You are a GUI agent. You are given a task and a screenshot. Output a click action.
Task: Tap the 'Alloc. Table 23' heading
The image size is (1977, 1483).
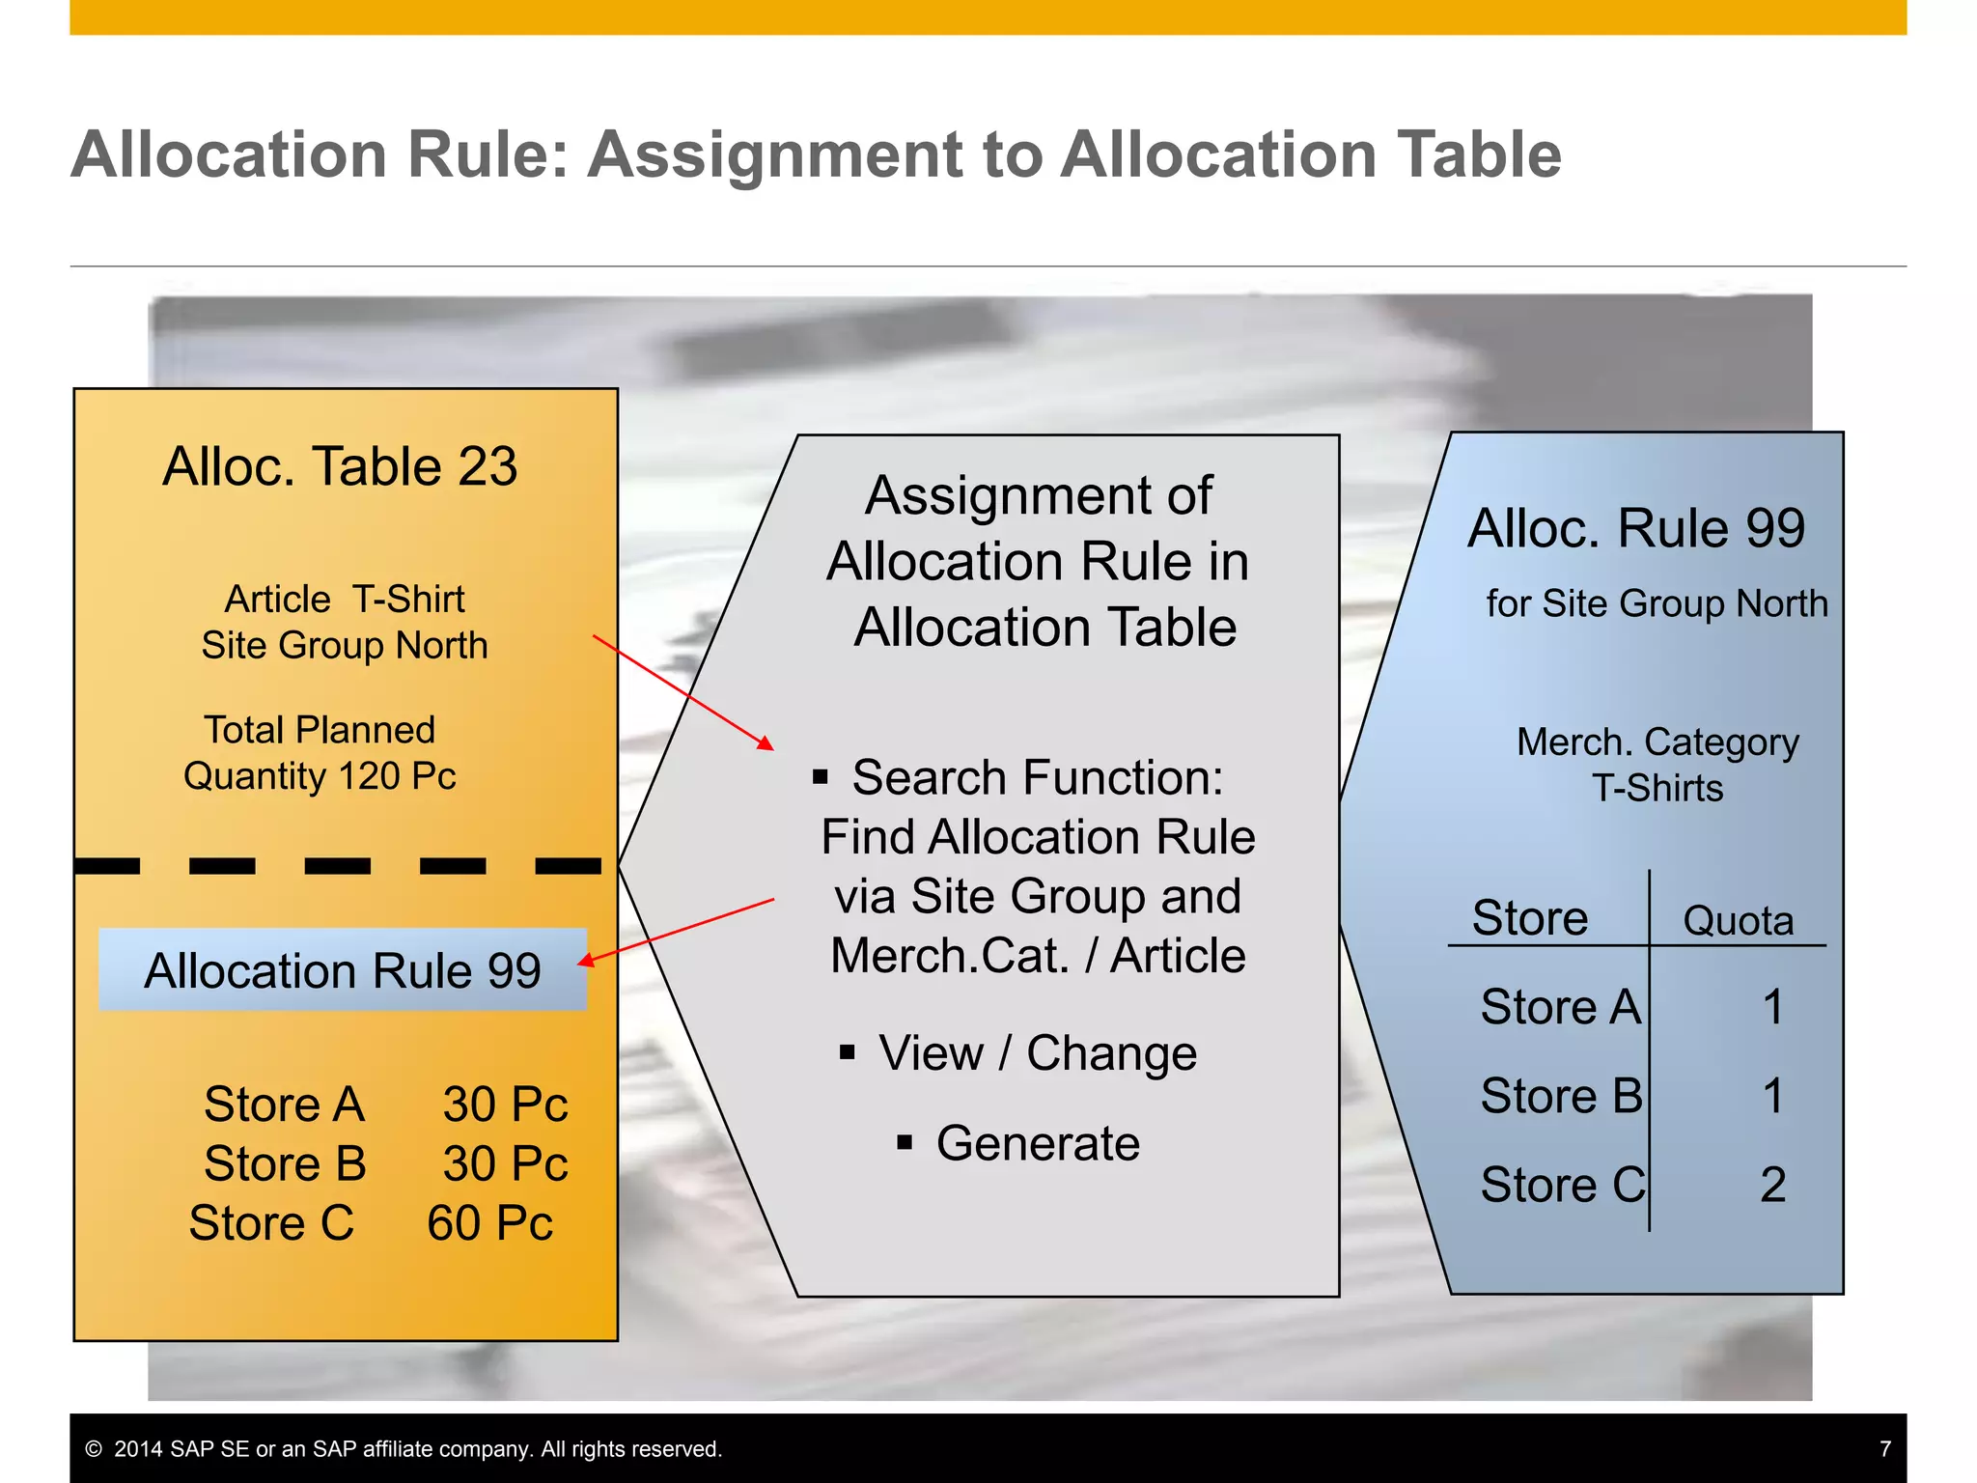(x=340, y=467)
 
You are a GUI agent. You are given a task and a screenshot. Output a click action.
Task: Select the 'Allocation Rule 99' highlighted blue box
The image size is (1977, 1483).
(x=343, y=970)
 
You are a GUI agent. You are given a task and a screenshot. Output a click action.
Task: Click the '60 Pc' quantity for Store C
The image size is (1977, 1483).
(x=489, y=1223)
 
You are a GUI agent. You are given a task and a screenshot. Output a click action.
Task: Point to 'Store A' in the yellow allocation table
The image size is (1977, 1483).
(x=285, y=1104)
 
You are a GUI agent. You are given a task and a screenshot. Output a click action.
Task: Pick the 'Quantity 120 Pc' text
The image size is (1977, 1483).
(x=320, y=776)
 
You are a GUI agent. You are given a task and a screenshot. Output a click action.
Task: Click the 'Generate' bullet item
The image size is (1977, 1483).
(x=1038, y=1143)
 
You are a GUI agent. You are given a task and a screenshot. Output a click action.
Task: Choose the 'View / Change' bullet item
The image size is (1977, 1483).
(x=1038, y=1052)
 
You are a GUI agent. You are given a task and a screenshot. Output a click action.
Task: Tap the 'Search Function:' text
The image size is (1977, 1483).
(x=1038, y=777)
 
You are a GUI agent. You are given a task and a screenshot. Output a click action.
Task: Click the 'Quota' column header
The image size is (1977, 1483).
(x=1738, y=921)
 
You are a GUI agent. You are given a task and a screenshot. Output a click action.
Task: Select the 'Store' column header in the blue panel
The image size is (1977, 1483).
(x=1530, y=918)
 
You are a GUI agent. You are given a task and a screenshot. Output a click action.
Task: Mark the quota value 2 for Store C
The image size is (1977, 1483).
(x=1772, y=1185)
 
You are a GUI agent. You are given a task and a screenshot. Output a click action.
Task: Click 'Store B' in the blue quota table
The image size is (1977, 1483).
(x=1561, y=1096)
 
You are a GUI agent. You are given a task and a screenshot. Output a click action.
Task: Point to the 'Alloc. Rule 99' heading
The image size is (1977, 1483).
(x=1636, y=528)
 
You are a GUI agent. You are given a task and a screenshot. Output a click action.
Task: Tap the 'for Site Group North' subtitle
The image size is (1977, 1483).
(x=1657, y=603)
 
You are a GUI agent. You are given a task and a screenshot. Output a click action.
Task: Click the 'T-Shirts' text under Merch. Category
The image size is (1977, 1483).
(x=1657, y=789)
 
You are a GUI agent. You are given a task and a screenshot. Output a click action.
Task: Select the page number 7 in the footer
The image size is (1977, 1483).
(x=1885, y=1449)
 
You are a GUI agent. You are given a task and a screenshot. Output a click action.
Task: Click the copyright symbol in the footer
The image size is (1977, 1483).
(x=94, y=1449)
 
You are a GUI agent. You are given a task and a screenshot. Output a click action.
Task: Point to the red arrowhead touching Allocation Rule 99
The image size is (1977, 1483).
(x=585, y=960)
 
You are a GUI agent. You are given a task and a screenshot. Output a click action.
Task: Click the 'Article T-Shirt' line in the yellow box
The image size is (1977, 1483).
(x=345, y=600)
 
